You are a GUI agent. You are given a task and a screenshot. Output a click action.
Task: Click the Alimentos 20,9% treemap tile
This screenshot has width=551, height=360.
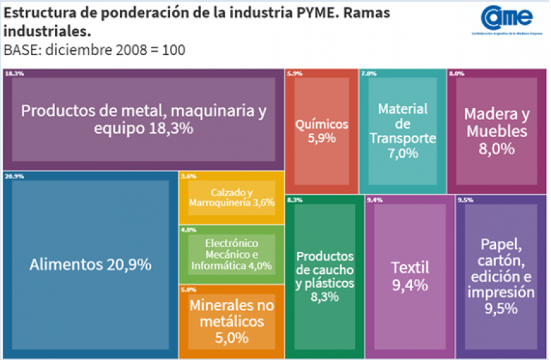[90, 264]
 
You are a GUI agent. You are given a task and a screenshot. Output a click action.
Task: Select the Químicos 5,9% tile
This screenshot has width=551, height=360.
[322, 131]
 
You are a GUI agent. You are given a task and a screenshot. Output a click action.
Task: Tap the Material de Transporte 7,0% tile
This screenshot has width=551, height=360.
[403, 131]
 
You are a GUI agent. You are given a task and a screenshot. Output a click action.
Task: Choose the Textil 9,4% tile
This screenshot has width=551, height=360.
[410, 275]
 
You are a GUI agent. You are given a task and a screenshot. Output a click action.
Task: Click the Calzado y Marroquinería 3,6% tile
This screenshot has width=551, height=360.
[232, 198]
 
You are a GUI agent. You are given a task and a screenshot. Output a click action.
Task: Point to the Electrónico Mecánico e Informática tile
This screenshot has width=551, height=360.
[231, 253]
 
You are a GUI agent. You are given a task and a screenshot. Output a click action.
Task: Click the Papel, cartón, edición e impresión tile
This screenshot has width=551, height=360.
[501, 275]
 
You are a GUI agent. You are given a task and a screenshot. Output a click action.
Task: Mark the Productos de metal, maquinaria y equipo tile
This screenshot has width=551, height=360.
[143, 119]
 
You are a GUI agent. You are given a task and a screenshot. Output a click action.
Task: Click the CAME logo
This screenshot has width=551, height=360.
[508, 19]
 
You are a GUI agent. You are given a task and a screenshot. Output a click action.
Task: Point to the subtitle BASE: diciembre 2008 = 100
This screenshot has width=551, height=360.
[94, 50]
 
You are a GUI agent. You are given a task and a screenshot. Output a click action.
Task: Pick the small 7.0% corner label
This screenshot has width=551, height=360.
[368, 73]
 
